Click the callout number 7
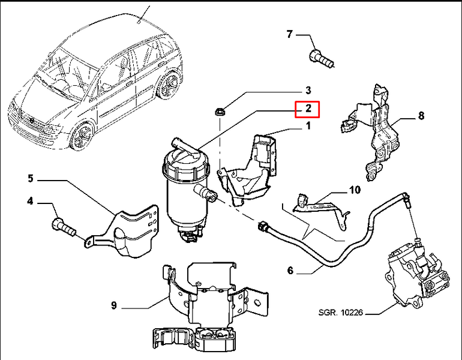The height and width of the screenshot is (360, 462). tap(290, 34)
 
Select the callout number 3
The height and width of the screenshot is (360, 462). tap(308, 90)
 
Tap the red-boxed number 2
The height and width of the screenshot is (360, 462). tap(308, 109)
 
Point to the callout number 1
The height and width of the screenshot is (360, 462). tap(308, 126)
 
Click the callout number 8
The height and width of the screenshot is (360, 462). tap(421, 116)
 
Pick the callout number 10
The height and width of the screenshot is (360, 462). tap(355, 190)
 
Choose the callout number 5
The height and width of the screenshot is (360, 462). tap(31, 179)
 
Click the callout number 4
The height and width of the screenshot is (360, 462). tap(31, 202)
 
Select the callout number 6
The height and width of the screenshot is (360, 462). tap(290, 271)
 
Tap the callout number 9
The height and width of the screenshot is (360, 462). tap(115, 305)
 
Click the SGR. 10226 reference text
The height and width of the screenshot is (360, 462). tap(340, 312)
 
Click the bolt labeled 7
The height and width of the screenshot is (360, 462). tap(322, 59)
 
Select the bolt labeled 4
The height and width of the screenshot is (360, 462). tap(64, 226)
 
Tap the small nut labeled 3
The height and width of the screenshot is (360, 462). tap(220, 112)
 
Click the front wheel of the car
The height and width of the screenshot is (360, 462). tap(81, 137)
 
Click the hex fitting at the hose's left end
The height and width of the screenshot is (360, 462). tap(262, 226)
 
